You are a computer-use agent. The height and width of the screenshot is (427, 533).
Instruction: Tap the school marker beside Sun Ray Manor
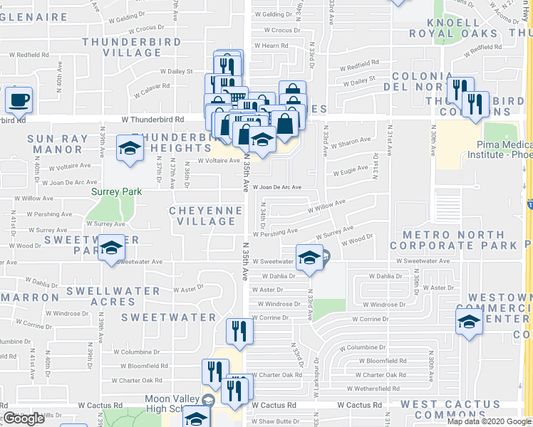(x=129, y=148)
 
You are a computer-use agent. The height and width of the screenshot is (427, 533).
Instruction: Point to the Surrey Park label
(x=116, y=191)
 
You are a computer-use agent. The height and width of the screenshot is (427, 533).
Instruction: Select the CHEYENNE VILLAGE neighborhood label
(x=202, y=216)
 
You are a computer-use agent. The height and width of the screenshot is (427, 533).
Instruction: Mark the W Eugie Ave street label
(x=352, y=170)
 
